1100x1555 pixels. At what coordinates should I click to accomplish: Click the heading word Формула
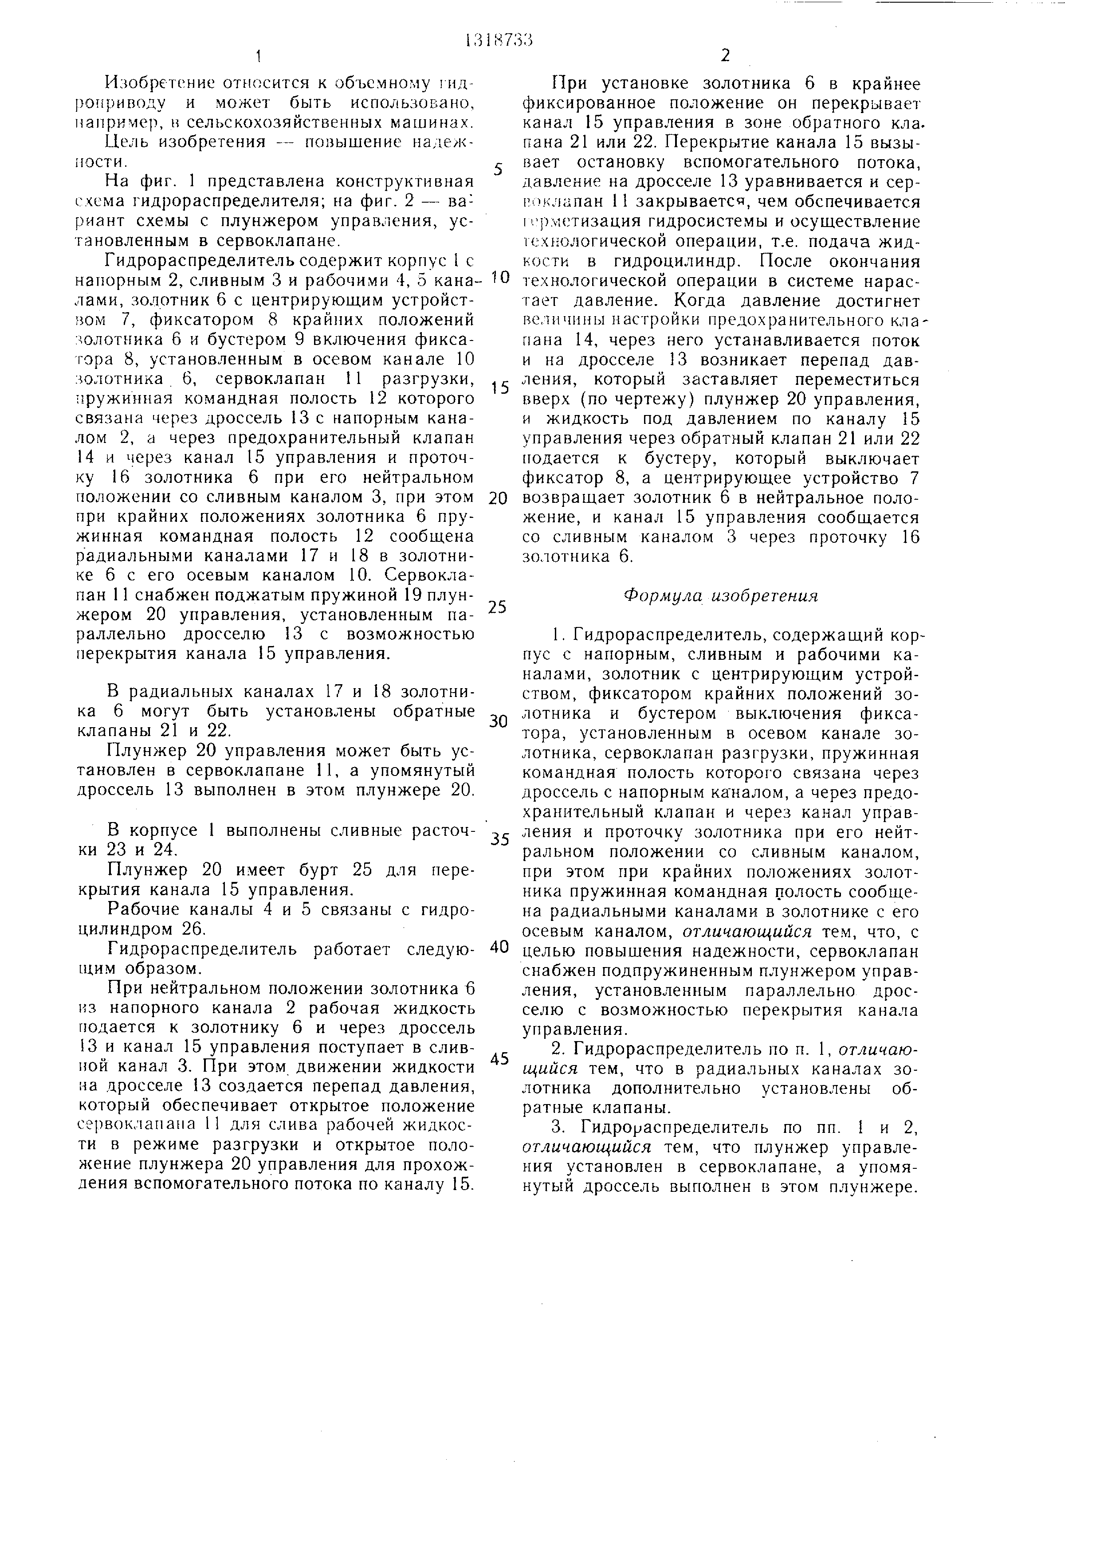pos(654,595)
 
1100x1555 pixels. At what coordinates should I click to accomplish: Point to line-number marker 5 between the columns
pos(499,169)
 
